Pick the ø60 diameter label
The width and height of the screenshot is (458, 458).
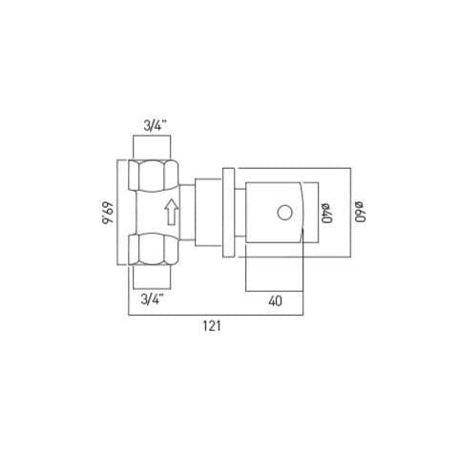[360, 212]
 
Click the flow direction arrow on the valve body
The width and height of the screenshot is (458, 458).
[171, 212]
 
